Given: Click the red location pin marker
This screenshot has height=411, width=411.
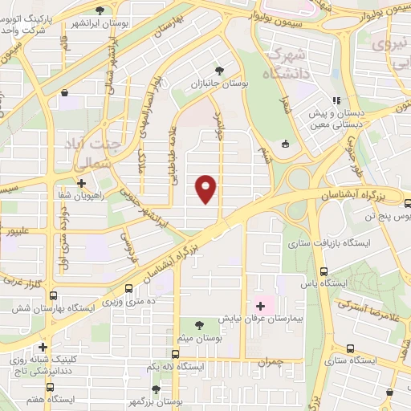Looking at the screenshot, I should tap(207, 188).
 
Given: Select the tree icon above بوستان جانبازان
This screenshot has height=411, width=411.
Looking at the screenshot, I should tap(221, 70).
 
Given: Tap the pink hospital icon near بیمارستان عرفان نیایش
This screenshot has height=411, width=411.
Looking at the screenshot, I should tap(259, 305).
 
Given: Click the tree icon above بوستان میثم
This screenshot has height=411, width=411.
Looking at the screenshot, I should tap(198, 324).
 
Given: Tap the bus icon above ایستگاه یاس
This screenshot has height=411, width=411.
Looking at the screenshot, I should tap(324, 271).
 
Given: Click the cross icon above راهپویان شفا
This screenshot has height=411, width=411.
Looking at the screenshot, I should tap(81, 184).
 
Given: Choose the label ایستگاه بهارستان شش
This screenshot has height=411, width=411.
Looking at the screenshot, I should tap(54, 308).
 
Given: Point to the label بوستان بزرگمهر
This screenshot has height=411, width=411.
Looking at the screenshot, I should tap(156, 400).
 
